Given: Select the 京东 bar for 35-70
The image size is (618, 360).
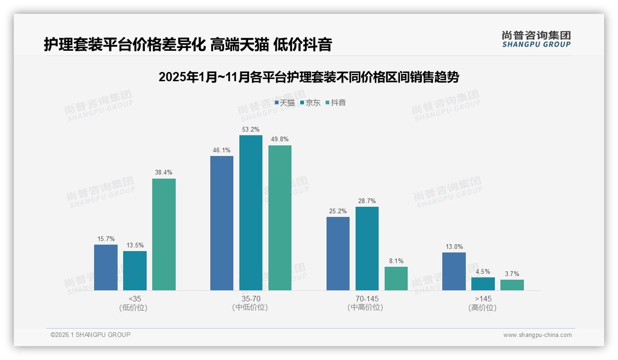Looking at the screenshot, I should tap(251, 213).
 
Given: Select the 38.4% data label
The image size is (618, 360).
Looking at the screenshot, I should tap(164, 172).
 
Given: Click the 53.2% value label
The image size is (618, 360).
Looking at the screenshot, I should tap(251, 129).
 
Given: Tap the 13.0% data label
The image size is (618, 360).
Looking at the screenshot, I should tap(454, 246).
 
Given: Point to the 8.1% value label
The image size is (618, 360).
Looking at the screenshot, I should tap(396, 261).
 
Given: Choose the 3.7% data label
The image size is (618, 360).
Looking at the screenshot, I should tap(512, 274).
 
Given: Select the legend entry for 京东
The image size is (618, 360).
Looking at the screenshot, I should tap(310, 102).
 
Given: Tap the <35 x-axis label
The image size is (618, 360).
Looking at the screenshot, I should tap(135, 299).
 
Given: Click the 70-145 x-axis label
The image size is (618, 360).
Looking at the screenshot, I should tap(367, 299).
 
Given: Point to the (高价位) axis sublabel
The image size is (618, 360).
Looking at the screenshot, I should tap(483, 307).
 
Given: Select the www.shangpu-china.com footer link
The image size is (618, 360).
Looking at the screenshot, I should tap(537, 335).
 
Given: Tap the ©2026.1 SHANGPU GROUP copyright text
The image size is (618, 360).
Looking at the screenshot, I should tap(90, 335).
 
